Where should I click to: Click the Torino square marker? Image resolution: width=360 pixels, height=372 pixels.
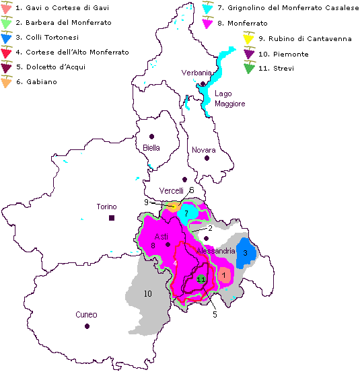(x=112, y=218)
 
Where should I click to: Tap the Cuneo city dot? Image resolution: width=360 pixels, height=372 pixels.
(x=87, y=326)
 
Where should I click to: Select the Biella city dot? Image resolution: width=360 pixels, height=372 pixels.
(x=152, y=135)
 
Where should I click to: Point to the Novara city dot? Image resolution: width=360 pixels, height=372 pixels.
(x=207, y=158)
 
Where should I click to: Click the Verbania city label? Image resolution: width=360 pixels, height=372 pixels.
(x=196, y=73)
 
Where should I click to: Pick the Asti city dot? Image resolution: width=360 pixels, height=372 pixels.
(x=168, y=245)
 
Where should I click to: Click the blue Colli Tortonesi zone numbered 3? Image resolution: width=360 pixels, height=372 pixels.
(x=246, y=253)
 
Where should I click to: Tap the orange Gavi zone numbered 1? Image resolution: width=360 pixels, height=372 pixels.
(x=223, y=274)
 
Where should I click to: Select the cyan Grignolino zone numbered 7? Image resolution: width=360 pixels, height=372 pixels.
(x=186, y=213)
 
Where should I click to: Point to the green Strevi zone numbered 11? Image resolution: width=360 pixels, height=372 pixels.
(x=201, y=279)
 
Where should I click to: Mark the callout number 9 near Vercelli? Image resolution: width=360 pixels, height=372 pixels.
(x=146, y=201)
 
